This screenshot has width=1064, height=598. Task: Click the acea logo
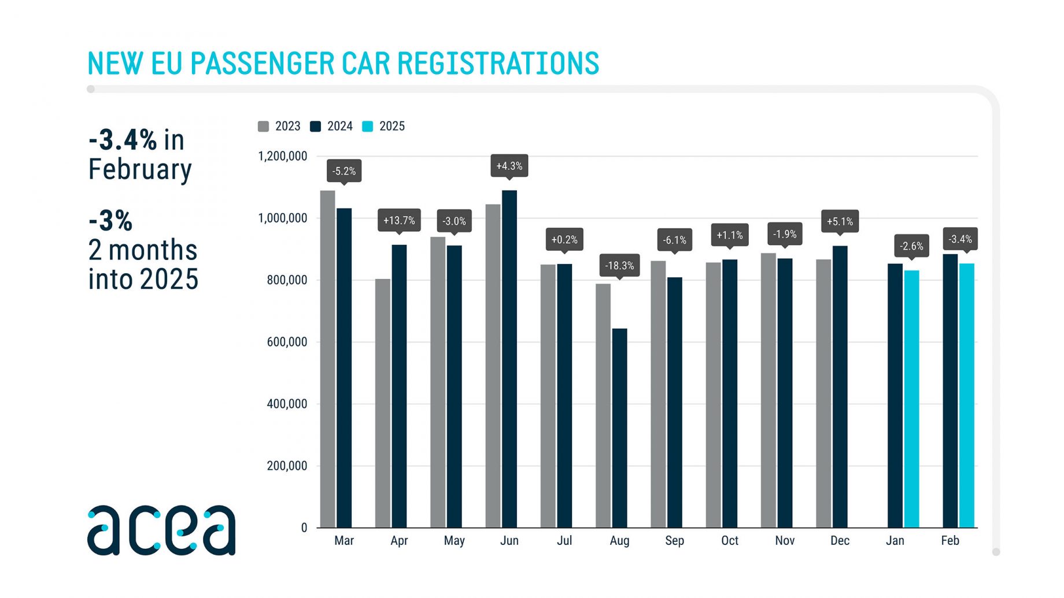click(161, 530)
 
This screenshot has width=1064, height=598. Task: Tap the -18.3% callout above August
click(619, 266)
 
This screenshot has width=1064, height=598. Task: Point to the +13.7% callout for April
click(399, 221)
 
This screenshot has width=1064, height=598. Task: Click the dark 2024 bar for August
click(619, 428)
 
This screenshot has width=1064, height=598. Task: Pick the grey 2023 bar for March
click(328, 358)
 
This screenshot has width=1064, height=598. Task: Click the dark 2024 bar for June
click(509, 358)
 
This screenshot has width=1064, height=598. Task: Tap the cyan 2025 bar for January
click(912, 399)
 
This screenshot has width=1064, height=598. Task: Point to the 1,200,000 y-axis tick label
click(283, 157)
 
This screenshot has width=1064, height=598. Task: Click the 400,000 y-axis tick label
click(287, 404)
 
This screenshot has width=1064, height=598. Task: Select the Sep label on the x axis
click(675, 541)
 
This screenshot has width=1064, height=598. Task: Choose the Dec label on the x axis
click(840, 541)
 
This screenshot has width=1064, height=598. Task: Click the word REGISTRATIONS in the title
click(498, 64)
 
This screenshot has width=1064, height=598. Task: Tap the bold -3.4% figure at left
click(123, 140)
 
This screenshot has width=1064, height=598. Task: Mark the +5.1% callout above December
click(840, 221)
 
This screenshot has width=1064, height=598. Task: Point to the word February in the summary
click(140, 170)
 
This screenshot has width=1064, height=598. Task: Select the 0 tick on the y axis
click(304, 528)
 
